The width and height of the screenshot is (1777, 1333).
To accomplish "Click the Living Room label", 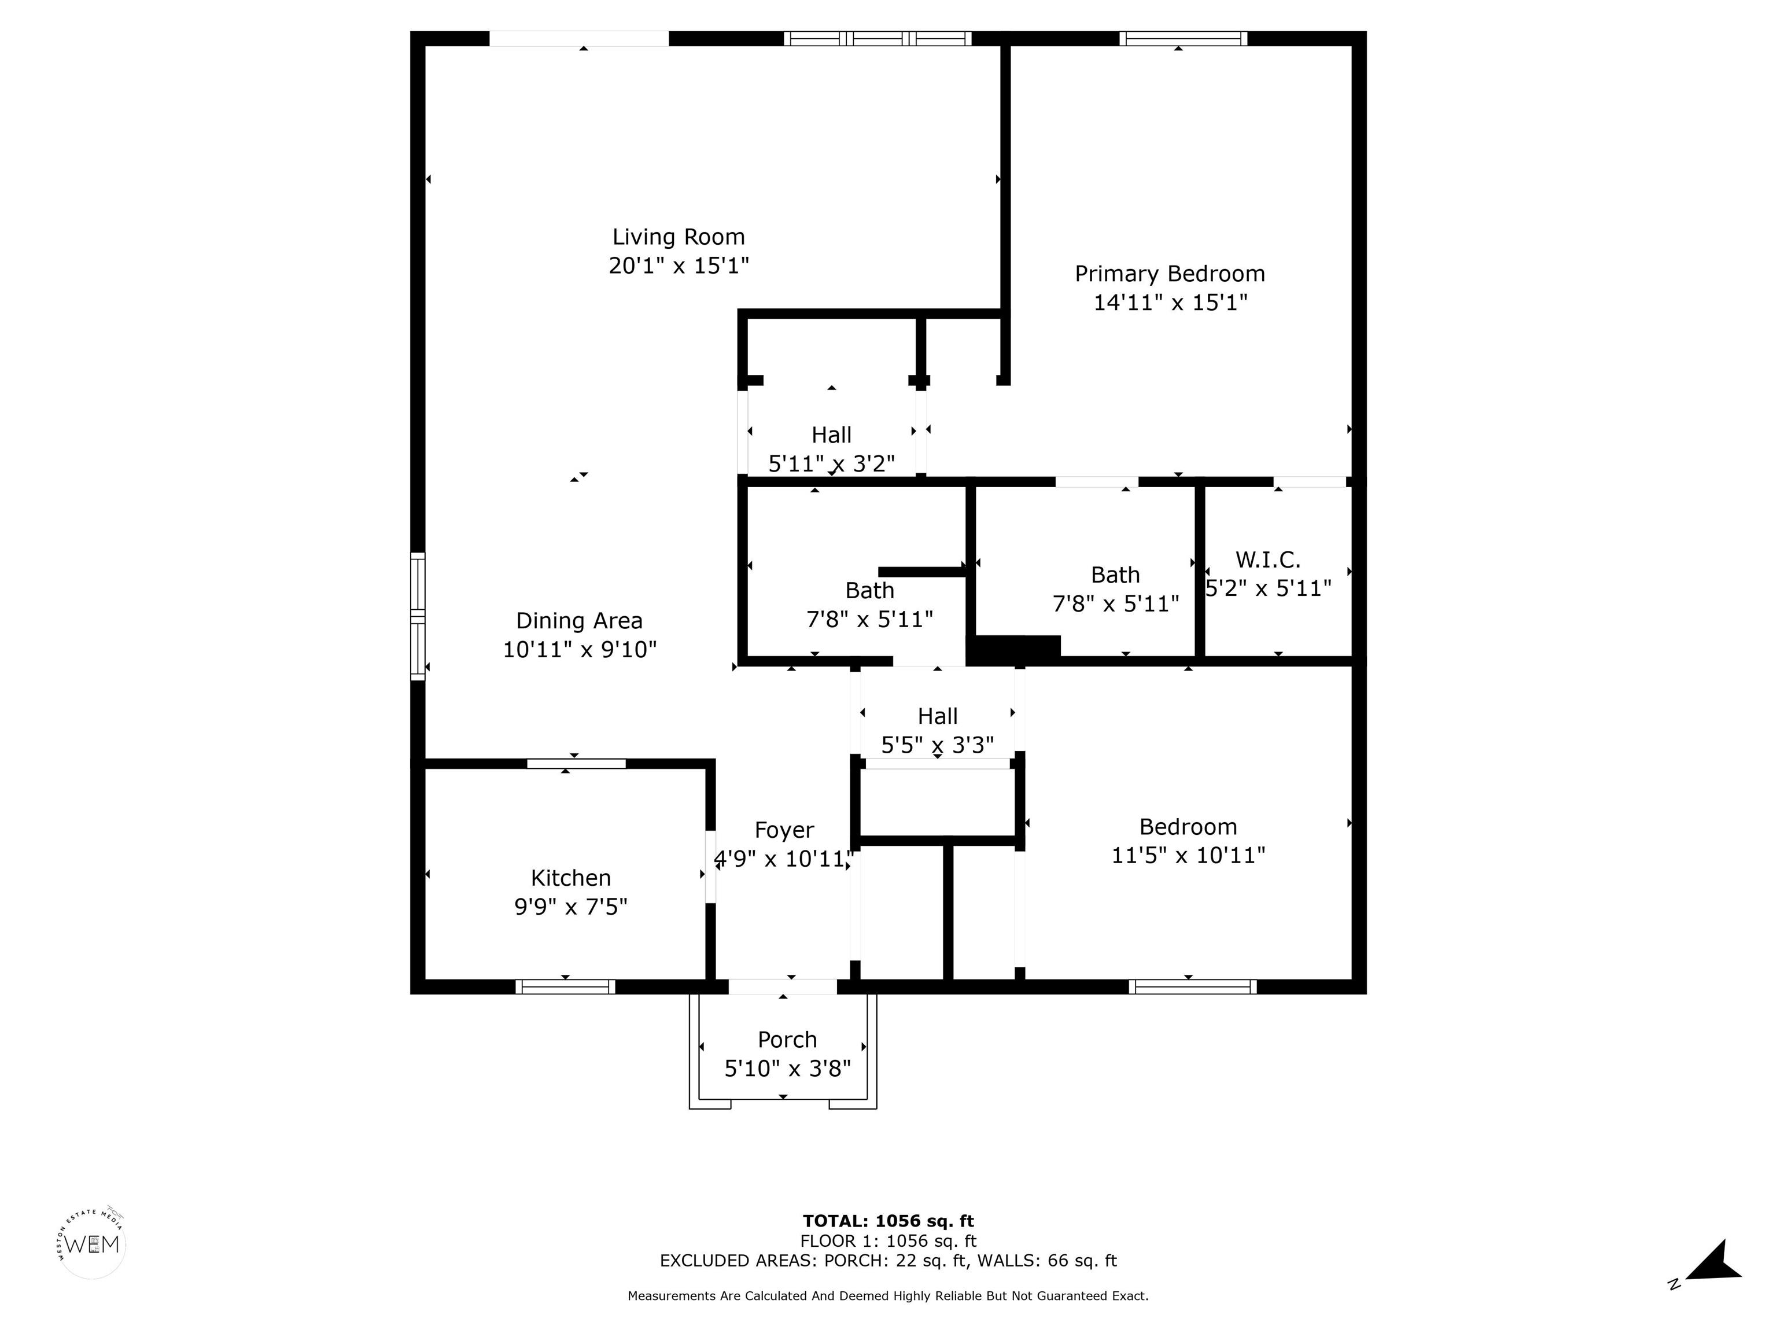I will click(679, 237).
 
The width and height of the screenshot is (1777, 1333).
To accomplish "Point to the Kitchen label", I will click(570, 878).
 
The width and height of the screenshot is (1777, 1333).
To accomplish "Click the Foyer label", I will click(784, 830).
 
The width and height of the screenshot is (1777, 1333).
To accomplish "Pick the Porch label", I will click(787, 1040).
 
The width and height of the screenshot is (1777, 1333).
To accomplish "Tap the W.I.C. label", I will click(1268, 559).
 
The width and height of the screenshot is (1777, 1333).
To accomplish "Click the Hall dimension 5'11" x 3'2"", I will click(831, 463).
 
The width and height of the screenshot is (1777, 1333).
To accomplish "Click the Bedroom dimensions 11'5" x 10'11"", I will click(1188, 855).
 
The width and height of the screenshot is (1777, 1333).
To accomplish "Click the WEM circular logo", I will click(93, 1244).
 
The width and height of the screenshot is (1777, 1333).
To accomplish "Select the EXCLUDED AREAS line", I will click(888, 1261).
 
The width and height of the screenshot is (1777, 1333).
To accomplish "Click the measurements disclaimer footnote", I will click(888, 1296).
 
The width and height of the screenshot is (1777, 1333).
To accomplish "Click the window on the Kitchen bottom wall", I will click(566, 986).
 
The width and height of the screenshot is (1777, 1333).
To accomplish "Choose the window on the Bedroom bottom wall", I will click(1192, 986).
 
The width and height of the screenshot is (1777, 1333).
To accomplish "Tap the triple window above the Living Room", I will click(878, 39).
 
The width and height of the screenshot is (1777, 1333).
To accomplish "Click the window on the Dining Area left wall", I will click(418, 616).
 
